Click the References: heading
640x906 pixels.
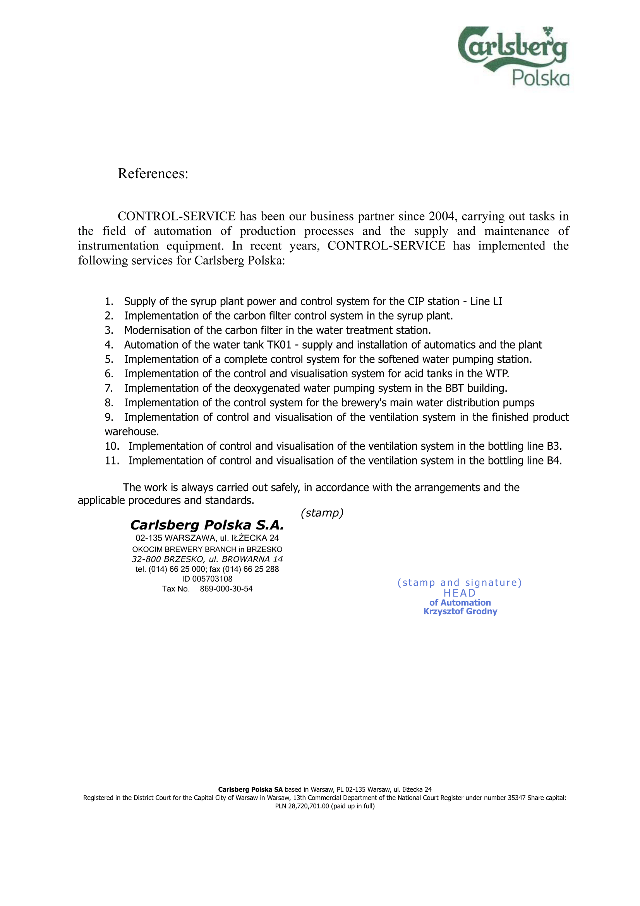tap(153, 174)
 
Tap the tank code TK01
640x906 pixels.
tap(279, 345)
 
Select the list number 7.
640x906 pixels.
tap(108, 388)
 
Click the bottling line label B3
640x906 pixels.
tap(554, 446)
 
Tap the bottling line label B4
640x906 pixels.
tap(554, 461)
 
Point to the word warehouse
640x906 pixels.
tap(131, 432)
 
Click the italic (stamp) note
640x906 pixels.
tap(322, 513)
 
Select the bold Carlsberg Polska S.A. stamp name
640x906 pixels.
tap(207, 525)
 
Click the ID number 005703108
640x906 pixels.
tap(212, 579)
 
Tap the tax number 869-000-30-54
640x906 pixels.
tap(226, 589)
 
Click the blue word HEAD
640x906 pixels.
tap(460, 593)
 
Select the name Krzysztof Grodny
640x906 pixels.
tap(460, 611)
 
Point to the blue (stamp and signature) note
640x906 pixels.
tap(460, 583)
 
